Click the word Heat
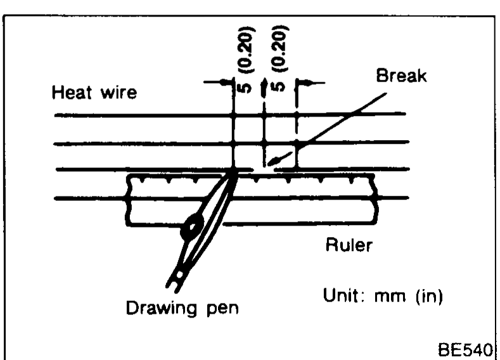pyautogui.click(x=72, y=92)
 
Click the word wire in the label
pyautogui.click(x=119, y=93)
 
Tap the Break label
pyautogui.click(x=401, y=75)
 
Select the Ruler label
pyautogui.click(x=349, y=245)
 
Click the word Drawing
pyautogui.click(x=162, y=308)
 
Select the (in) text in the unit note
pyautogui.click(x=429, y=296)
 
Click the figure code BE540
pyautogui.click(x=465, y=350)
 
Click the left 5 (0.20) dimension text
pyautogui.click(x=246, y=60)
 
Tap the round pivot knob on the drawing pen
pyautogui.click(x=192, y=227)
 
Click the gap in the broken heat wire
pyautogui.click(x=264, y=169)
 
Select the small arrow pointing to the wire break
pyautogui.click(x=279, y=158)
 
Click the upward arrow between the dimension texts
pyautogui.click(x=264, y=87)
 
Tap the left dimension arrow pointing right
pyautogui.click(x=219, y=82)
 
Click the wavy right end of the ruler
pyautogui.click(x=376, y=199)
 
